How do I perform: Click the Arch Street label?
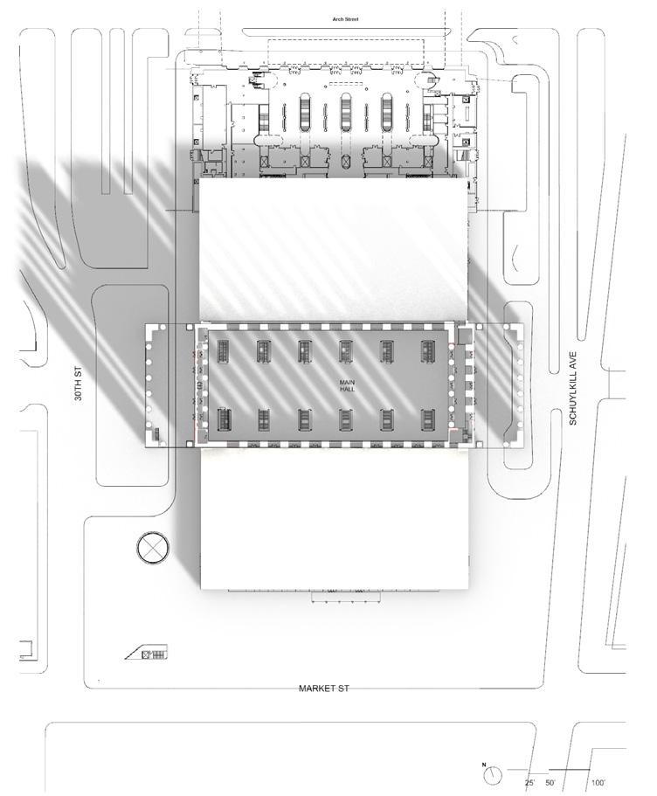tap(341, 18)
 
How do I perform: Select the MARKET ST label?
tap(323, 689)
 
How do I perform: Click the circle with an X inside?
tap(154, 549)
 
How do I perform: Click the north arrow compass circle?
tap(495, 774)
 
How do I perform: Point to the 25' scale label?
tap(529, 782)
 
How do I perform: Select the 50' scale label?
tap(550, 782)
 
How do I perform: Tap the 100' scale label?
tap(598, 782)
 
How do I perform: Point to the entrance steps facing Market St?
tap(347, 599)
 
